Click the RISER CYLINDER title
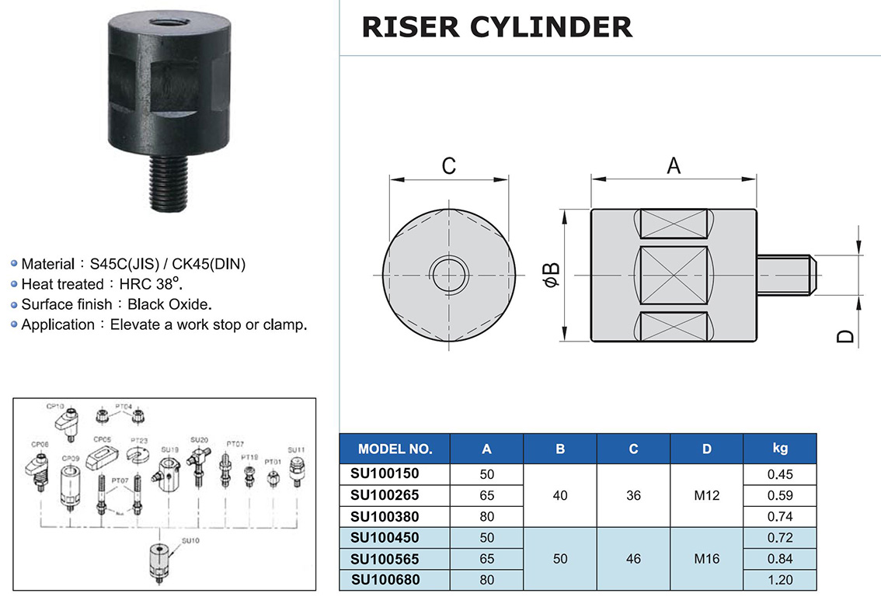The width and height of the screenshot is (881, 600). pos(496,26)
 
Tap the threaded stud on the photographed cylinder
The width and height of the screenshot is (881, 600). pos(166,185)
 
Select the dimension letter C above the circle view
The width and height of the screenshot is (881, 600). pos(448,166)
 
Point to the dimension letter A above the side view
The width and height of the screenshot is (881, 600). pos(673,165)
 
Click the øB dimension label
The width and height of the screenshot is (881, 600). pos(551,276)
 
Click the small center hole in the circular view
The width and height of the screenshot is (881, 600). pos(448,276)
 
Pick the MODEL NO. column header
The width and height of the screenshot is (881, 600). pos(395,449)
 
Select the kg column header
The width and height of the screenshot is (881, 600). pos(780,448)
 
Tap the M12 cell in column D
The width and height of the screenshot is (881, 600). pos(706,495)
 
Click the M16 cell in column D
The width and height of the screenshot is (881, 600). pos(706,558)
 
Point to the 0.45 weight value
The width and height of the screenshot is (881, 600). pos(780,474)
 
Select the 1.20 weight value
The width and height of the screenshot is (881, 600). pos(780,579)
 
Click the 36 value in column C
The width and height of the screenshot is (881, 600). pos(633,495)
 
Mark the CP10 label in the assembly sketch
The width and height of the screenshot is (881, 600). pos(54,406)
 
